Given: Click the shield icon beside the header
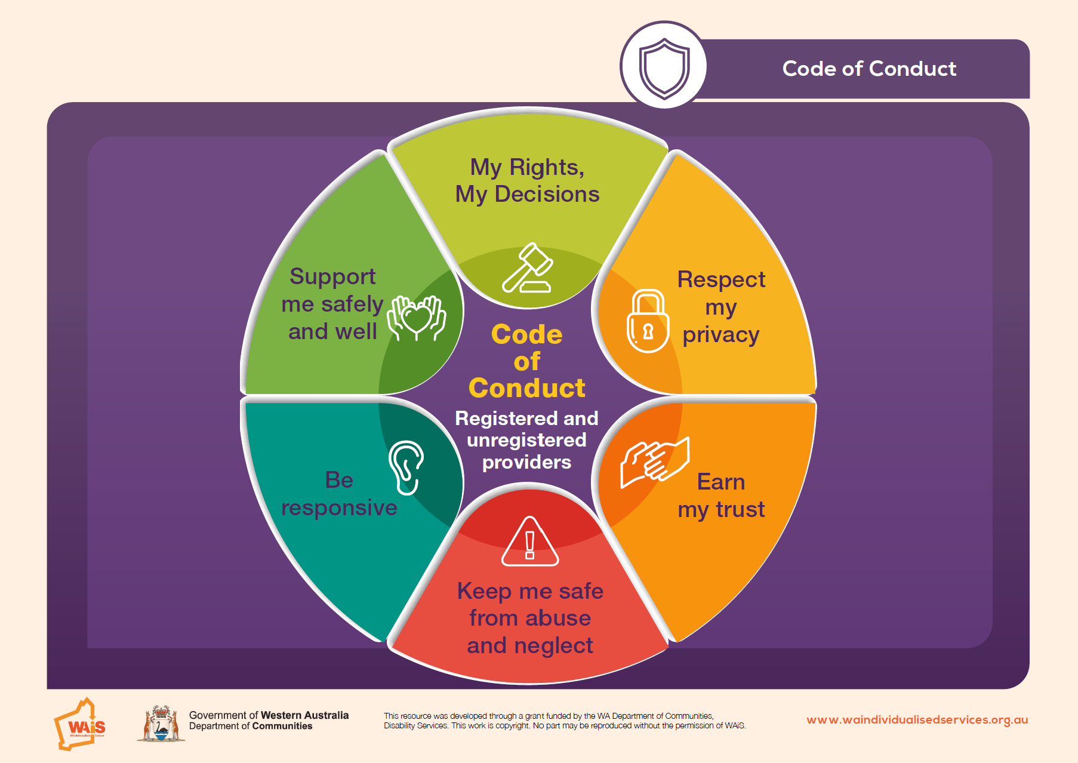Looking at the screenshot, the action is (x=664, y=68).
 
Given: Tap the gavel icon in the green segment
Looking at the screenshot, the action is (x=528, y=267).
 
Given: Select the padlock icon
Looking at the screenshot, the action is (x=648, y=321).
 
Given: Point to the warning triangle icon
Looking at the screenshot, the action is (x=530, y=542).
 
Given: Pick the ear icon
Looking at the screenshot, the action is (x=406, y=467).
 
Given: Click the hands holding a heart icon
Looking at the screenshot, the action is (x=417, y=318).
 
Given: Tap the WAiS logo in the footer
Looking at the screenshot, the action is (x=80, y=724).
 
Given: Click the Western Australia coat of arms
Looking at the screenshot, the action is (x=161, y=723).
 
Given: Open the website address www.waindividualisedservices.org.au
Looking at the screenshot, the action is (x=917, y=720).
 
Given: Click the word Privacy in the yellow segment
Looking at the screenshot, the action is (x=720, y=336).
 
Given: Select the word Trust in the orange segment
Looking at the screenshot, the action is (x=740, y=509).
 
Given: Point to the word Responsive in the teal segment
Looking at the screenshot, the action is (x=339, y=507).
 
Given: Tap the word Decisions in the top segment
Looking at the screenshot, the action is (x=547, y=194).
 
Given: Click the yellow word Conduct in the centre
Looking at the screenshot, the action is (x=527, y=388).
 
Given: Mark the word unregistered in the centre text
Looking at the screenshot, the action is (x=526, y=440).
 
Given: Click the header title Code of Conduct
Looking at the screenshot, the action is (x=869, y=69).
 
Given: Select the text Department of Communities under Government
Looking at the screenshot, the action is (x=251, y=727).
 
